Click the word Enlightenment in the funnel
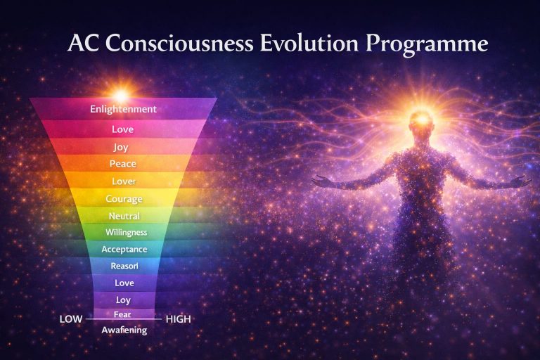123,110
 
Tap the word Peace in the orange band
123,164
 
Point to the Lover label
123,181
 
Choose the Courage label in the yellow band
124,199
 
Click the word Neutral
124,216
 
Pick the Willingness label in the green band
126,232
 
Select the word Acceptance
124,249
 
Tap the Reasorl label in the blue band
124,266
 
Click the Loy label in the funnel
123,300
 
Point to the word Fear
122,314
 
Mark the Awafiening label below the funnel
124,330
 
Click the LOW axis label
72,319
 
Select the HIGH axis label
178,319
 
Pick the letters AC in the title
82,44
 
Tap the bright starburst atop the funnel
122,94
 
